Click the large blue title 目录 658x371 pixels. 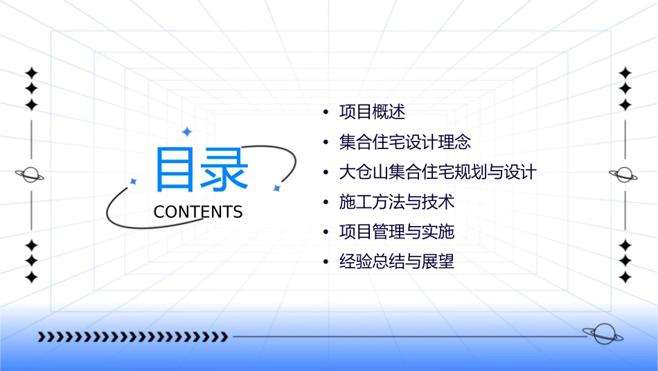tap(201, 170)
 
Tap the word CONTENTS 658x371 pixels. tap(198, 212)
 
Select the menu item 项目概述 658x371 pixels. tap(372, 112)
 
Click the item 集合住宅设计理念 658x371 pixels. tap(405, 142)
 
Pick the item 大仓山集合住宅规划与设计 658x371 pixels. tap(438, 172)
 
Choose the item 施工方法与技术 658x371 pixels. tap(397, 202)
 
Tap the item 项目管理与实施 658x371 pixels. tap(397, 232)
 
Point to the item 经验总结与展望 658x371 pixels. tap(397, 262)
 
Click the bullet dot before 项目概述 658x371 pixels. tap(326, 112)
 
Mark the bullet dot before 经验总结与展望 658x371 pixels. tap(326, 263)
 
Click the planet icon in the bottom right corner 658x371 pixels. tap(603, 334)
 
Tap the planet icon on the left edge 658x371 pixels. tap(30, 175)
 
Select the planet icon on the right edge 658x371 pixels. tap(625, 175)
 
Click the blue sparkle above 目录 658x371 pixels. tap(186, 131)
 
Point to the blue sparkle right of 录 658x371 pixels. tap(276, 188)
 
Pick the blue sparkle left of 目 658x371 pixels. tap(133, 182)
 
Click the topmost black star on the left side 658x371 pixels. tap(30, 73)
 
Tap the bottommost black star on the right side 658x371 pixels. tap(625, 277)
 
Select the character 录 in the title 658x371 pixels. tap(225, 170)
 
